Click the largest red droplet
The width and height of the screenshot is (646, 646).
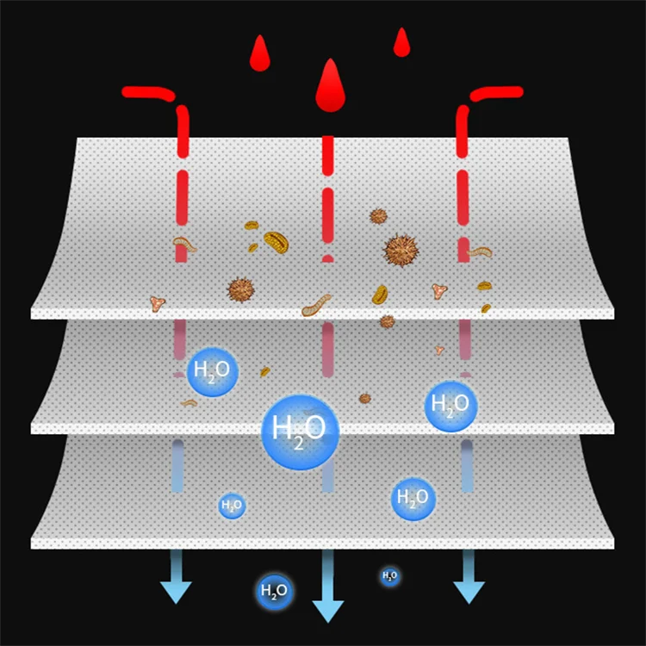coord(328,88)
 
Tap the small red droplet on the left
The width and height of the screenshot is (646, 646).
coord(259,56)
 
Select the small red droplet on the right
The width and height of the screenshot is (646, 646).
coord(401,43)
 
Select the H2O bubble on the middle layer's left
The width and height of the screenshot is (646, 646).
coord(212,372)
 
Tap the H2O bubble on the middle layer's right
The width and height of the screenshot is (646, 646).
coord(450,405)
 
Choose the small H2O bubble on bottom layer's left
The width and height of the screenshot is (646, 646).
coord(232,506)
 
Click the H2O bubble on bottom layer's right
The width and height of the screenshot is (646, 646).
coord(413,500)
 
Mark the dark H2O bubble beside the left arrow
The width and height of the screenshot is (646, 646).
coord(274,591)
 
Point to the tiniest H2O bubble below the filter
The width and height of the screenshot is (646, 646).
coord(389,575)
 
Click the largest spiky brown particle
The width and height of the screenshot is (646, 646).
coord(401,251)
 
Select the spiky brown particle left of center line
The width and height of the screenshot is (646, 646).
coord(241,289)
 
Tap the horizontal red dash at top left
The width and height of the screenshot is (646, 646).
coord(147,91)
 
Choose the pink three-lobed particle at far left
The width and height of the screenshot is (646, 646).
coord(158,303)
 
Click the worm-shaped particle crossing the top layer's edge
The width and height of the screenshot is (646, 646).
coord(317,304)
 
